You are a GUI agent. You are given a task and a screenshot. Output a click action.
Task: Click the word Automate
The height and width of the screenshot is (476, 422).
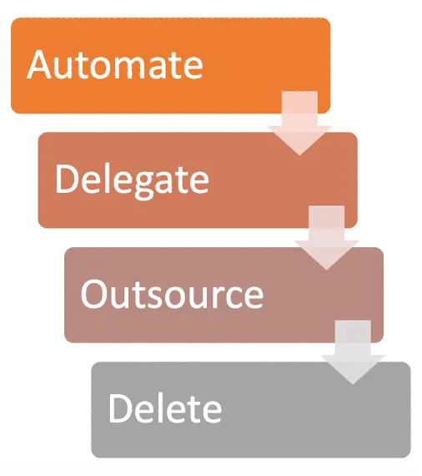point(115,64)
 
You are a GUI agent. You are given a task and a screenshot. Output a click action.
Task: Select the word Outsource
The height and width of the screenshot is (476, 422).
point(172,294)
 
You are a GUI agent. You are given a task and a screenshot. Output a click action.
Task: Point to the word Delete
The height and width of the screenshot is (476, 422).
point(165,408)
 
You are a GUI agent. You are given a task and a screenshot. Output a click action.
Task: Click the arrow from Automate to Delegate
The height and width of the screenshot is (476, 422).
point(299,123)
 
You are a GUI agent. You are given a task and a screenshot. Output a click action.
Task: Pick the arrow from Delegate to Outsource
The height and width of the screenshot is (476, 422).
point(326,237)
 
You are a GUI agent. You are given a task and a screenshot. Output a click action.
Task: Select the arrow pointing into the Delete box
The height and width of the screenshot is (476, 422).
point(353,352)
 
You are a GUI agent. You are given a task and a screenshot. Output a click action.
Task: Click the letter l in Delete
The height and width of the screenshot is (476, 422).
point(160,408)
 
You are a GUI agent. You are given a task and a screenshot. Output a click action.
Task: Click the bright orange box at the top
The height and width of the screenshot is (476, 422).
point(170,66)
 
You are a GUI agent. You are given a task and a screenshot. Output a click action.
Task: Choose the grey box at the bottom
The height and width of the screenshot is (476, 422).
point(251,409)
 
